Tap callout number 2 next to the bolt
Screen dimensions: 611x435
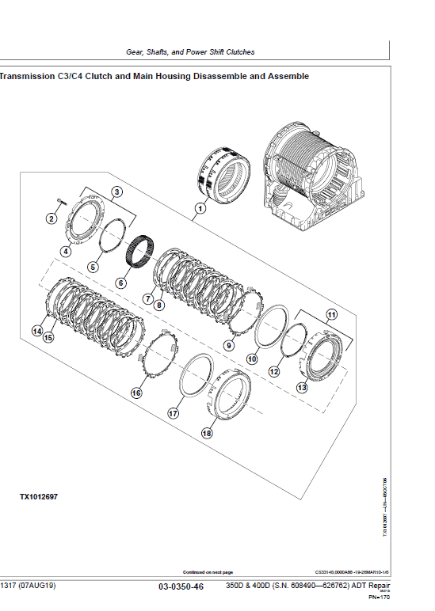click(52, 218)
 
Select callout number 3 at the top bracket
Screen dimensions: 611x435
click(116, 192)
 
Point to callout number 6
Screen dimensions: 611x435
click(121, 283)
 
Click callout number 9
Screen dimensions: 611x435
click(229, 345)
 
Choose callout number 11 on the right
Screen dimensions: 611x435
click(331, 315)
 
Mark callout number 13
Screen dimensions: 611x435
click(301, 388)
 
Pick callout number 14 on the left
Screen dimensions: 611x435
click(36, 331)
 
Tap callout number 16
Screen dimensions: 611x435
click(136, 393)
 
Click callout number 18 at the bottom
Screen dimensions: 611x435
click(207, 434)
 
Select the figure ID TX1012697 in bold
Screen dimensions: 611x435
click(38, 497)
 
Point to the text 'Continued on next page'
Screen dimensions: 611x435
click(208, 571)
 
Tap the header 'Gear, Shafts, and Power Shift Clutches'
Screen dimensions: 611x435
click(190, 51)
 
